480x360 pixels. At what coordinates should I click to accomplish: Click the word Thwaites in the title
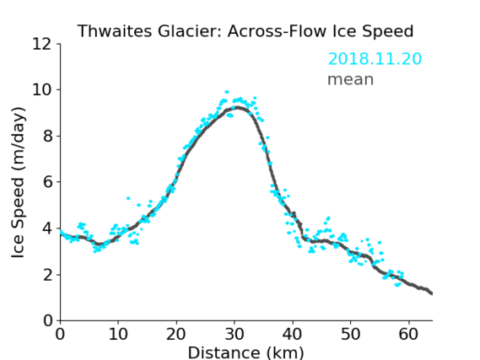click(x=114, y=31)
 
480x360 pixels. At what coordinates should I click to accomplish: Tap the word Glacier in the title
click(x=189, y=31)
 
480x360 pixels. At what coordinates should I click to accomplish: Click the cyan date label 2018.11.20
click(x=375, y=58)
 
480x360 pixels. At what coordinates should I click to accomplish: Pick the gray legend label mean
click(x=351, y=79)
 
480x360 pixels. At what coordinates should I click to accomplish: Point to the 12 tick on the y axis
click(x=42, y=44)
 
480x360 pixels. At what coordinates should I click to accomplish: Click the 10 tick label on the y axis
click(x=42, y=90)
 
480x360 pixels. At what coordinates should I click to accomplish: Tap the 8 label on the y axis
click(x=48, y=136)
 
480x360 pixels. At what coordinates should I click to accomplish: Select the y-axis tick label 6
click(x=48, y=182)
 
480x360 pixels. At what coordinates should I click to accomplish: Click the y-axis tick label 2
click(x=48, y=275)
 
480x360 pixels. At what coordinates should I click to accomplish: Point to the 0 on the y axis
click(x=48, y=321)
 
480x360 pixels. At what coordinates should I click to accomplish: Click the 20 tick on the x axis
click(x=176, y=334)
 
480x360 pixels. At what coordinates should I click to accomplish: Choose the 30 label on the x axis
click(x=235, y=334)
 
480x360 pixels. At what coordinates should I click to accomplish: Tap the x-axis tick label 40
click(x=293, y=334)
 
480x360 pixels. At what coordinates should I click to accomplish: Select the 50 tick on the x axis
click(x=351, y=334)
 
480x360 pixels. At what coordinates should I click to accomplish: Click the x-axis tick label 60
click(x=408, y=334)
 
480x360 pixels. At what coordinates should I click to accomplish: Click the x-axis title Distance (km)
click(x=245, y=352)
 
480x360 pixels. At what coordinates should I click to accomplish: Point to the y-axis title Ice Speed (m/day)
click(x=18, y=182)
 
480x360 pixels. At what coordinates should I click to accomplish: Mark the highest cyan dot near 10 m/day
click(x=227, y=92)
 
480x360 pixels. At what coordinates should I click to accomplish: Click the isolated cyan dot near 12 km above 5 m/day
click(x=128, y=198)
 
